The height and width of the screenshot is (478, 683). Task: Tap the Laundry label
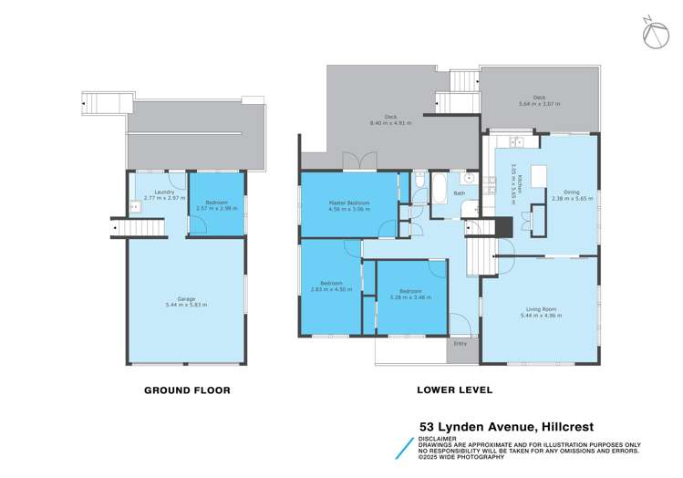point(164,192)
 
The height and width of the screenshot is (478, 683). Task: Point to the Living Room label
point(541,309)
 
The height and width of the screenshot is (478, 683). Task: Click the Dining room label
point(572,192)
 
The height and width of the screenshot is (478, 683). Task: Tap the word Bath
point(460,192)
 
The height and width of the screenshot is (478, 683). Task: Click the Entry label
point(461,343)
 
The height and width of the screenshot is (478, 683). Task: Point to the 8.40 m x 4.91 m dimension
point(390,122)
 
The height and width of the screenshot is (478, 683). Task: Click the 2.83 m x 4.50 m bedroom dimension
point(329,289)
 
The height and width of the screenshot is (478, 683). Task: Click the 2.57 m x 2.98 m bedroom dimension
point(216,208)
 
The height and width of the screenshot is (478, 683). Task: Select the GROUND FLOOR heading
point(187,390)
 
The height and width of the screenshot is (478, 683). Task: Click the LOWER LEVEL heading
point(454,390)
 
